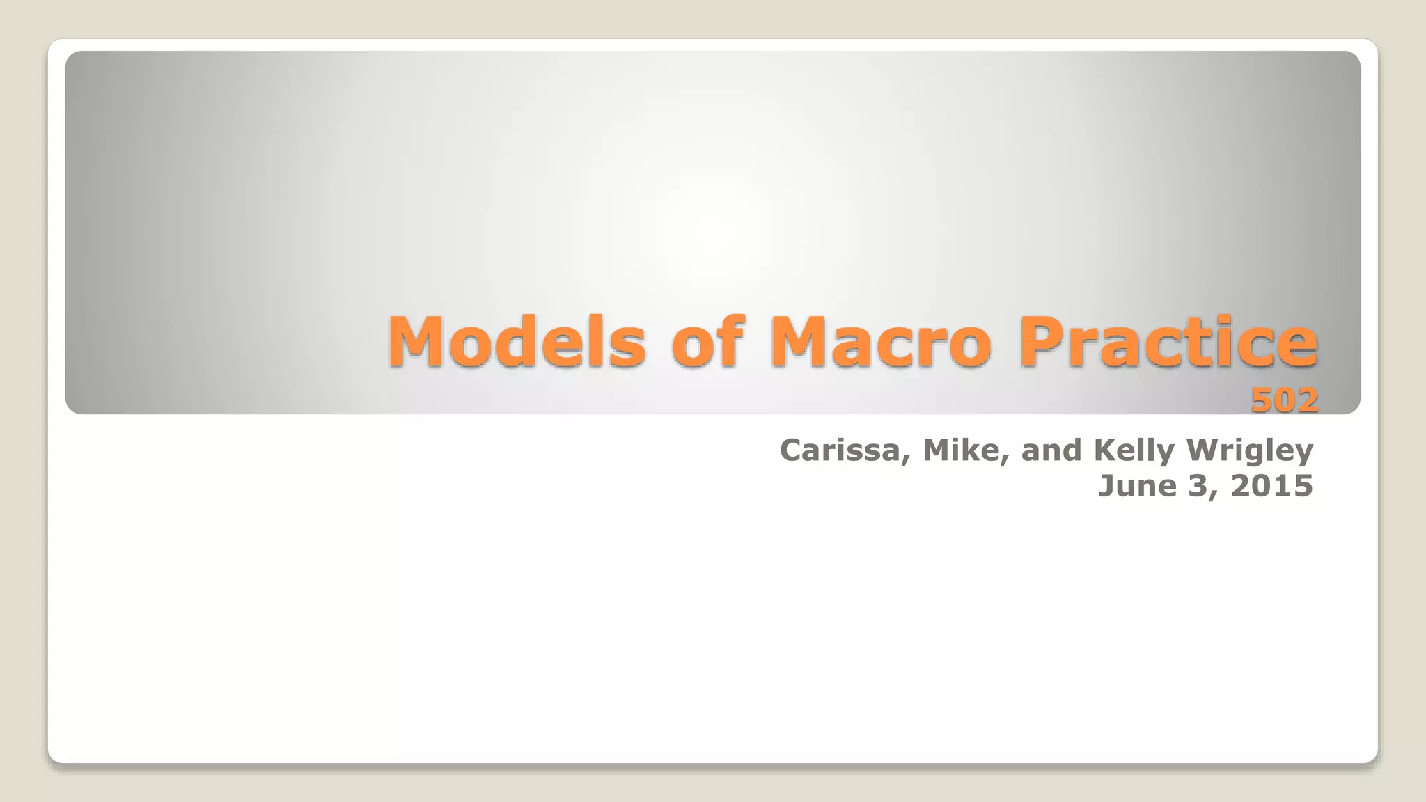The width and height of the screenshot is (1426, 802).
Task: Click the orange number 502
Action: (x=1284, y=400)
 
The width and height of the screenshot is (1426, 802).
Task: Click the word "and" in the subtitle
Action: (x=1051, y=450)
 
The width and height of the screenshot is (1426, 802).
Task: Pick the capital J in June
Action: (x=1106, y=485)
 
